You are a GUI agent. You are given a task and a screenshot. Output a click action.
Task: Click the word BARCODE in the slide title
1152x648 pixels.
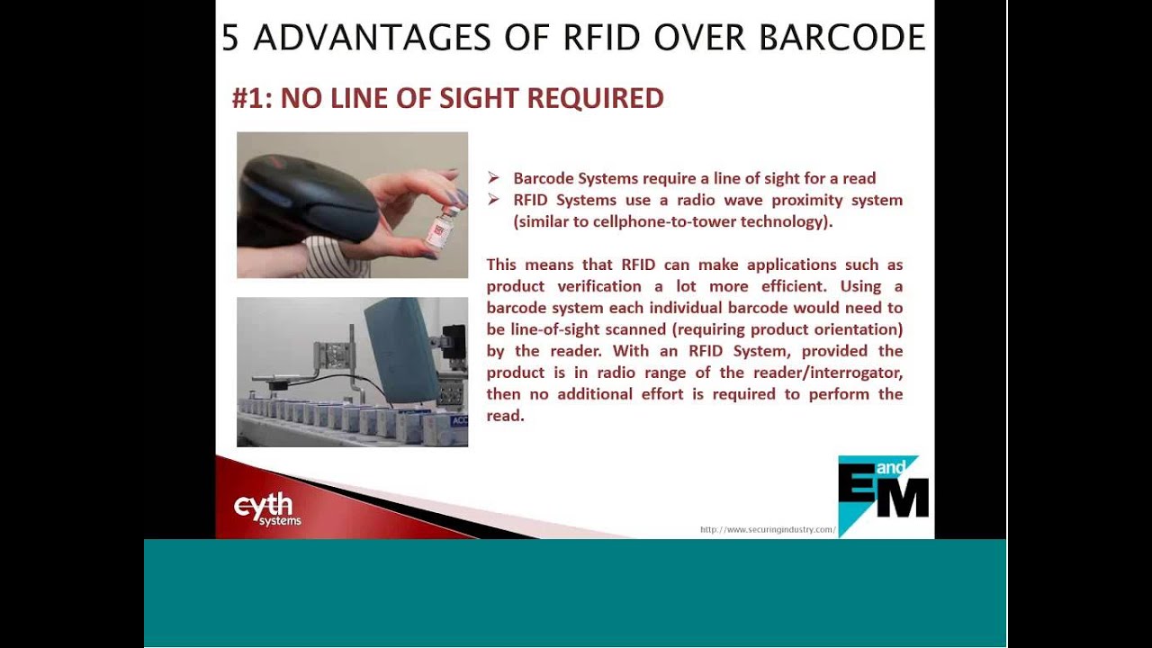(842, 38)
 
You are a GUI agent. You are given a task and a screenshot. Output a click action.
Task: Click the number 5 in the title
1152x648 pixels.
(230, 38)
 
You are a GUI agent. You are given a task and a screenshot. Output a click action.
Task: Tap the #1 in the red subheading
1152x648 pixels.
(251, 98)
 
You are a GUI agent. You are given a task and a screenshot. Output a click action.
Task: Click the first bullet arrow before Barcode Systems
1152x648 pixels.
(493, 178)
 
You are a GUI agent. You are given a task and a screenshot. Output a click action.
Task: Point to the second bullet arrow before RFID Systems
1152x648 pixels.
(493, 200)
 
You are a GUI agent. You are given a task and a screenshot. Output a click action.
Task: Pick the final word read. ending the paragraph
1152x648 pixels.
(505, 416)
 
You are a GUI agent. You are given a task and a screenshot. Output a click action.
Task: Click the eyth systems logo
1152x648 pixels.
(267, 508)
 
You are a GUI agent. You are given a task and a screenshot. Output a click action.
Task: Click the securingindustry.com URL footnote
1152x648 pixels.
(768, 529)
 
